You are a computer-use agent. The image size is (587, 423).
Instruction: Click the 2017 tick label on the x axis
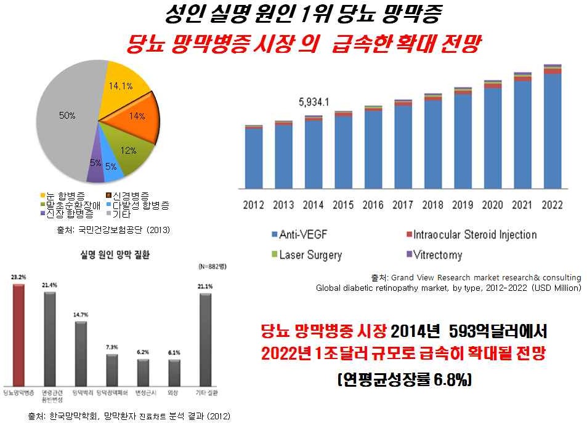(403, 205)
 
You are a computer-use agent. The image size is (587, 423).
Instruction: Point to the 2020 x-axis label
(492, 205)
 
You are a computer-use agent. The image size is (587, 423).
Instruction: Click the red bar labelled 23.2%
(18, 332)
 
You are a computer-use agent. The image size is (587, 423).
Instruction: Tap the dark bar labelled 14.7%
(81, 350)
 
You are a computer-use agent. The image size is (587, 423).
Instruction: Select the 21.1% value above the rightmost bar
(204, 286)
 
